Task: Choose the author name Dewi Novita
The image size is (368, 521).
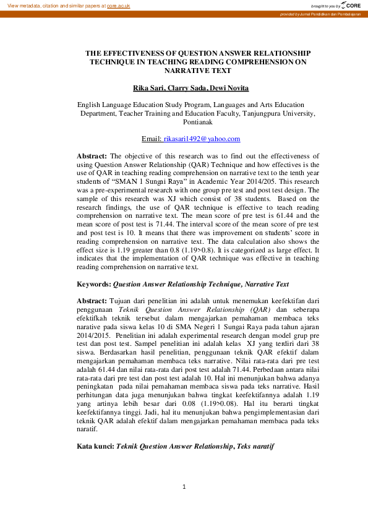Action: [229, 89]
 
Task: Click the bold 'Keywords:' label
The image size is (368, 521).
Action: [93, 284]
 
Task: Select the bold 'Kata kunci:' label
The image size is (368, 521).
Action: [95, 445]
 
